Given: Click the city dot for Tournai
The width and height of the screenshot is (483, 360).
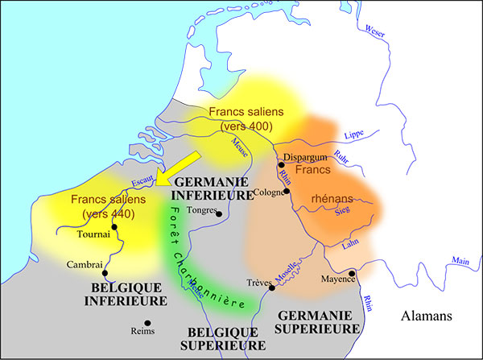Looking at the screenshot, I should (x=115, y=227).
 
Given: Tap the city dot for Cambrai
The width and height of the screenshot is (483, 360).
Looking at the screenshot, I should (x=105, y=272).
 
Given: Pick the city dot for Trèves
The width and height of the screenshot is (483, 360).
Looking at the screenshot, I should (x=272, y=288).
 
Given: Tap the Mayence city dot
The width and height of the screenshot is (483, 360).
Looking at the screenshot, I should (x=351, y=273).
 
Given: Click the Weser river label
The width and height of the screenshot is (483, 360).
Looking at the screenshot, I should (x=375, y=32).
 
